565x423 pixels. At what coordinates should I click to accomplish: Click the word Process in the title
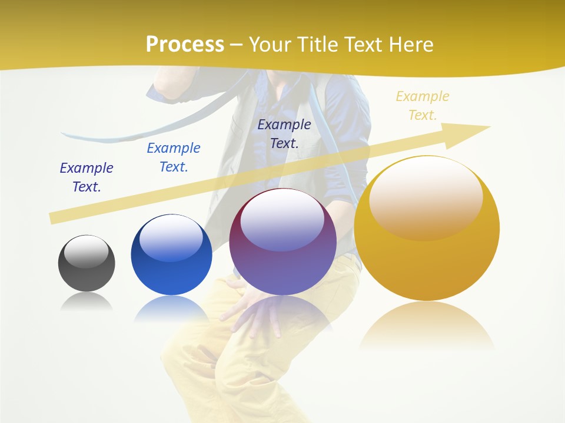pos(185,45)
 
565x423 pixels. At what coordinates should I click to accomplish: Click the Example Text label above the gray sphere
pos(87,177)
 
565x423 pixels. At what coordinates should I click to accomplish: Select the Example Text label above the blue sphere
pos(174,157)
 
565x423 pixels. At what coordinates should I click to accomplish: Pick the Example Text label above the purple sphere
pos(284,133)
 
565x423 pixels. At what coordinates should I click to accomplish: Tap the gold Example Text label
pos(422,106)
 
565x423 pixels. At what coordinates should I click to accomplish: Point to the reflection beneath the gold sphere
pos(427,326)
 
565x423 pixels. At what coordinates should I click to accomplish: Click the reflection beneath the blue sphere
pos(171,308)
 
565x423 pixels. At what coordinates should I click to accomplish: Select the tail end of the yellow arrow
pos(54,217)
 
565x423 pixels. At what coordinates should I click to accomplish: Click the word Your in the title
pos(271,45)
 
